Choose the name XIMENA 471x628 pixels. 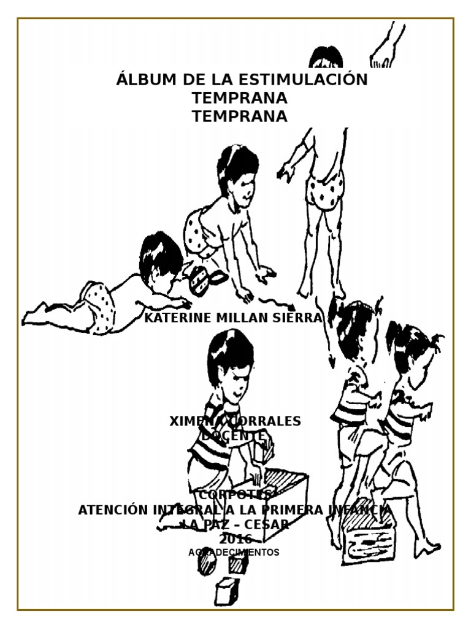coord(192,421)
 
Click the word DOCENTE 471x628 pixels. coord(235,435)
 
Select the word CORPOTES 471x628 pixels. coord(235,495)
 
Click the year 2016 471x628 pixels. coord(235,539)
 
